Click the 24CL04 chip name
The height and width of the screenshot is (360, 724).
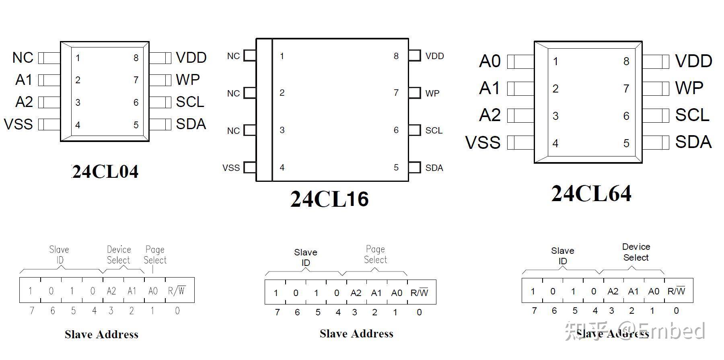point(105,172)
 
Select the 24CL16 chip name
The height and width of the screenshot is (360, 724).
point(329,199)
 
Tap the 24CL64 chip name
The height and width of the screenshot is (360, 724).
point(591,193)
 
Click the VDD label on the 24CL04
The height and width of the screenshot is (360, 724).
point(191,58)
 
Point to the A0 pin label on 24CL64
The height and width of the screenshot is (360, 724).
point(490,62)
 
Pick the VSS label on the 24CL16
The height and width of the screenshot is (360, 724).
point(231,168)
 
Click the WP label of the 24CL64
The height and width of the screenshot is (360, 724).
point(689,88)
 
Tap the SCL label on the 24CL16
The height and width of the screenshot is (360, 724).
point(434,131)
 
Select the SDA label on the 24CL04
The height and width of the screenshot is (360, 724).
point(191,124)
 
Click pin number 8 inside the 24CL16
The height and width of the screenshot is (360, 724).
point(396,56)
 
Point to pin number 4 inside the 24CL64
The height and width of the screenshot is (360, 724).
point(555,144)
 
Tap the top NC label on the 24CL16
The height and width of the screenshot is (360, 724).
point(233,56)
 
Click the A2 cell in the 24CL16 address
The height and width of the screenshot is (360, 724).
point(356,292)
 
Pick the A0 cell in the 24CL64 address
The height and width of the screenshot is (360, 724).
point(654,291)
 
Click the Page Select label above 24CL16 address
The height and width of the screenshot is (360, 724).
point(375,254)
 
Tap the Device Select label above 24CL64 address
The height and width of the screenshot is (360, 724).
point(636,252)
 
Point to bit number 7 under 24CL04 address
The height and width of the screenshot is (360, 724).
point(32,311)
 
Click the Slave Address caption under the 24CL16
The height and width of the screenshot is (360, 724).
point(356,333)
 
